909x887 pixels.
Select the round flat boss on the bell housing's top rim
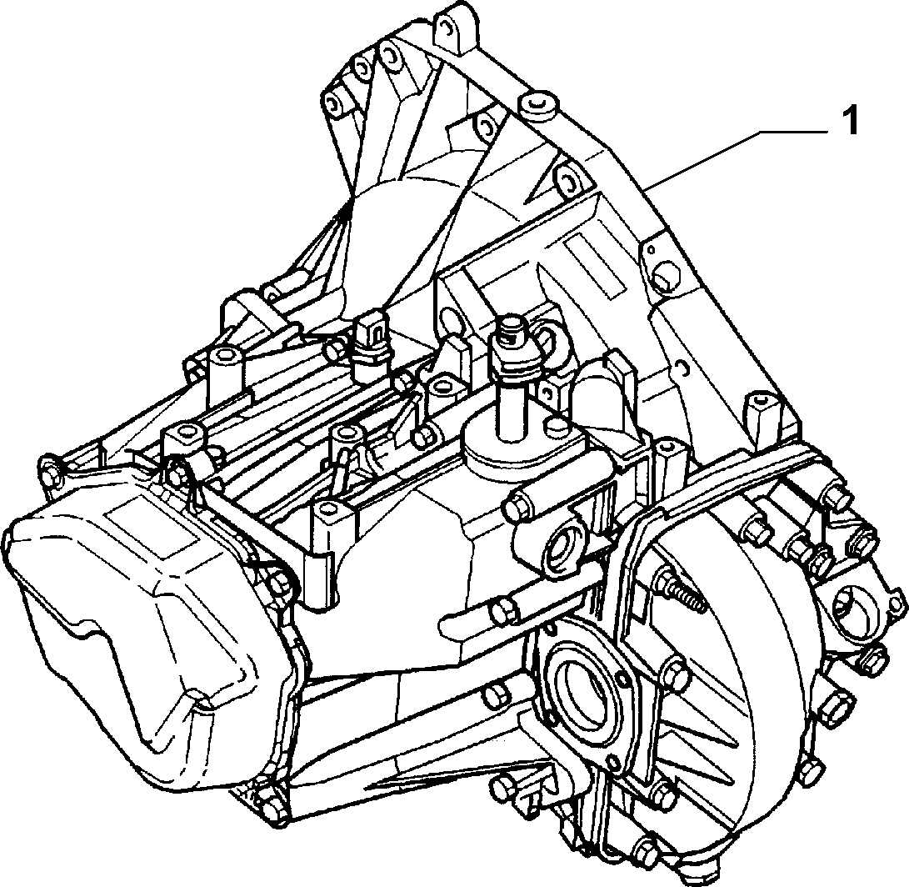tap(539, 105)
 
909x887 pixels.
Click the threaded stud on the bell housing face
tap(682, 589)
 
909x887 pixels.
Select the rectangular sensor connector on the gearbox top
tap(369, 337)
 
